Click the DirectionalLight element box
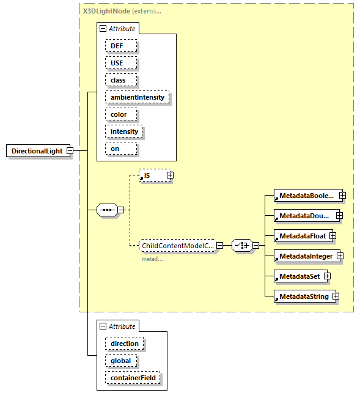[37, 151]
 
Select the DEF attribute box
[120, 46]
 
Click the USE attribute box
[120, 63]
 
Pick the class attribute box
[120, 80]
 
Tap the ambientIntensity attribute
[137, 97]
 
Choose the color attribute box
[120, 114]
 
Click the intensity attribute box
[124, 131]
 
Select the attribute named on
[120, 149]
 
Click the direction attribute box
[124, 344]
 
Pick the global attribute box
[120, 361]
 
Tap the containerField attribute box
[133, 378]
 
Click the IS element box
[152, 175]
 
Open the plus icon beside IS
[170, 175]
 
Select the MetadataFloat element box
[302, 235]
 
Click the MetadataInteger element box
[305, 256]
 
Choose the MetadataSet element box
[299, 276]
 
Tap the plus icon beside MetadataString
[336, 296]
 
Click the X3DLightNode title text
[106, 11]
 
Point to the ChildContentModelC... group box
[177, 246]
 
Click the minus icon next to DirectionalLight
[70, 151]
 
